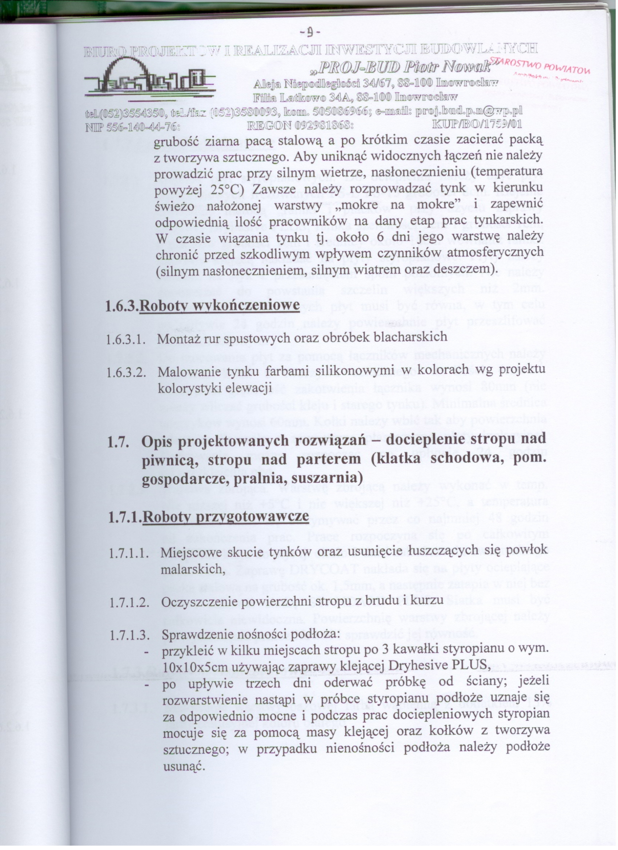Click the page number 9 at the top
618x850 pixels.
pos(310,34)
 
